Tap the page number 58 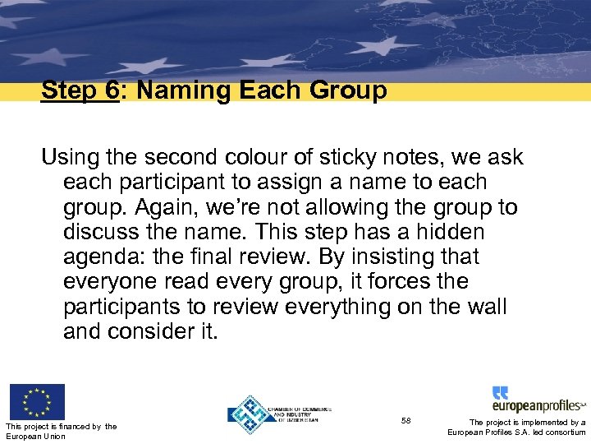pyautogui.click(x=406, y=420)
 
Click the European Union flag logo pyautogui.click(x=37, y=401)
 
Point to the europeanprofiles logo pyautogui.click(x=538, y=400)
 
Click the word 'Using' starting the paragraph pyautogui.click(x=70, y=156)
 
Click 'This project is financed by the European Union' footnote pyautogui.click(x=60, y=430)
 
